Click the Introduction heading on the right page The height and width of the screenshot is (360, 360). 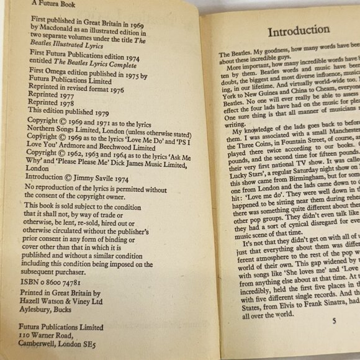tap(298, 30)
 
